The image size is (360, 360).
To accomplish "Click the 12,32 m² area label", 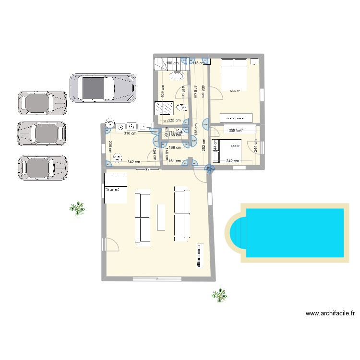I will click(235, 90).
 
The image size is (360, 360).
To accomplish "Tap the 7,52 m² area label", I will click(235, 147).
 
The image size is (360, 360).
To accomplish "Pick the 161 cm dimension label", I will click(175, 161).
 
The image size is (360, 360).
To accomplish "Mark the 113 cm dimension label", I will click(199, 62).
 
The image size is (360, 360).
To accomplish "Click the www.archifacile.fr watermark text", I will click(330, 314).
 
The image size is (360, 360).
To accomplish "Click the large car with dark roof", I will click(102, 88).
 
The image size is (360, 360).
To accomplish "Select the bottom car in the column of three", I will click(42, 168).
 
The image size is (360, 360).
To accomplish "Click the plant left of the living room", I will click(77, 207).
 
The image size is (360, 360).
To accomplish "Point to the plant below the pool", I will click(219, 295).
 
